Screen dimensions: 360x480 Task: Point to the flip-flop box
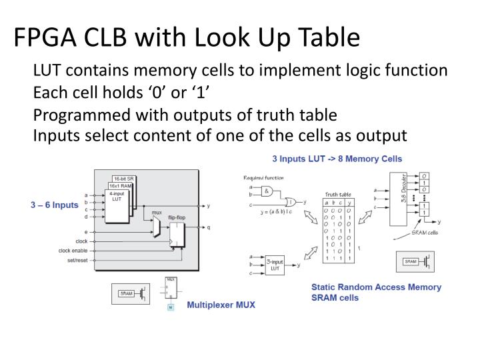[x=177, y=234]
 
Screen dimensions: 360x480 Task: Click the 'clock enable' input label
[x=73, y=251]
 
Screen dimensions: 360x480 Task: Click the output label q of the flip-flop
[x=209, y=227]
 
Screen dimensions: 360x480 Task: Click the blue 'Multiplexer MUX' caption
[x=221, y=305]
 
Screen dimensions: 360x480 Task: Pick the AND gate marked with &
[x=267, y=191]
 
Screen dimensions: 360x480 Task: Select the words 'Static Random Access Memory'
[x=376, y=287]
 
